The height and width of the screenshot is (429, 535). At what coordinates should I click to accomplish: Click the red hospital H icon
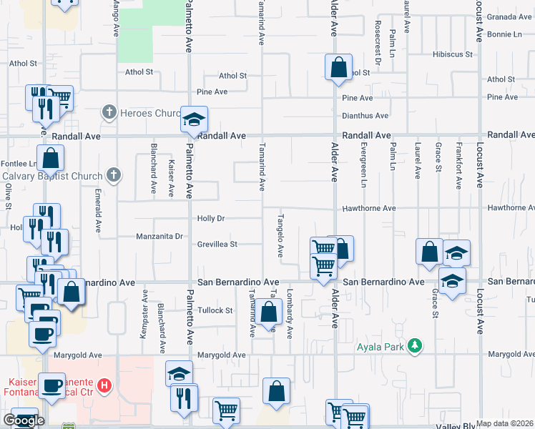[105, 387]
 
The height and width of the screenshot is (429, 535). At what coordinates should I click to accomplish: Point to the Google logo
[24, 420]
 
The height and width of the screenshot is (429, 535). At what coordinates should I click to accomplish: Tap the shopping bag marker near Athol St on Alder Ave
[338, 68]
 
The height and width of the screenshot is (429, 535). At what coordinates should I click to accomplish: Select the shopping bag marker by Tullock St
[269, 312]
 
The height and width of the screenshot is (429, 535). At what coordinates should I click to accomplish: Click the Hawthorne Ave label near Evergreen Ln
[369, 208]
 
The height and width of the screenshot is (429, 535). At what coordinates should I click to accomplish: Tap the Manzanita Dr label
[161, 236]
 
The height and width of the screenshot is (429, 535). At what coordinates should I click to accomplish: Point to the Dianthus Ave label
[365, 115]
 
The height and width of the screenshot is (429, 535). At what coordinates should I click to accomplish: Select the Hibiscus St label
[453, 54]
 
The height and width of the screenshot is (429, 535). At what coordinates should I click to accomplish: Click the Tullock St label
[216, 310]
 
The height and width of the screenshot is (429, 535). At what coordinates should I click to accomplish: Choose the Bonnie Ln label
[505, 34]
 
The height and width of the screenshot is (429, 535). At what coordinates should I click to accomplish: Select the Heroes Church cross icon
[109, 112]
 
